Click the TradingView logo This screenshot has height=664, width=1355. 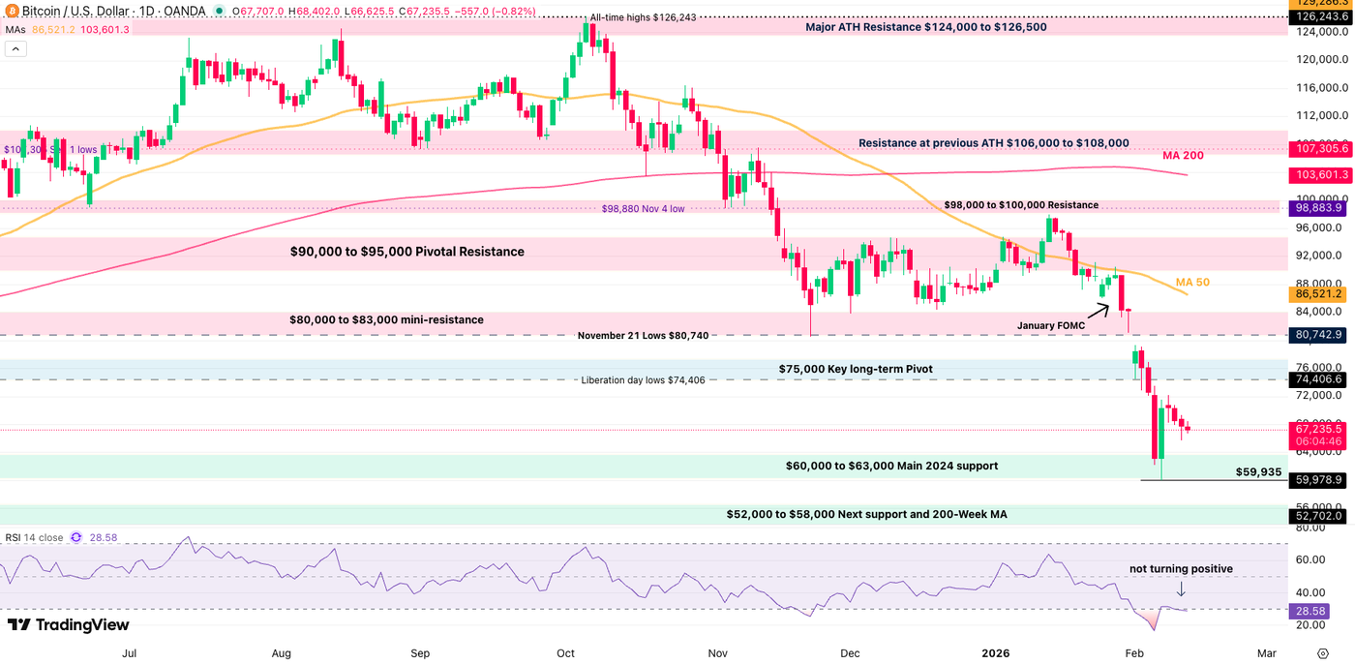tap(69, 624)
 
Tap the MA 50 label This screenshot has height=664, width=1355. tap(1192, 283)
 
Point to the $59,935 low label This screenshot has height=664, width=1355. tap(1258, 472)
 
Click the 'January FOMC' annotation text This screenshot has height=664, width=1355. tap(1051, 326)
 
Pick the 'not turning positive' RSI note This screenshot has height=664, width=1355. tap(1181, 569)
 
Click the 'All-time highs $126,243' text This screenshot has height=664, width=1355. tap(643, 18)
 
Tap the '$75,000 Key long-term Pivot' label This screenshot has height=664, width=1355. tap(856, 369)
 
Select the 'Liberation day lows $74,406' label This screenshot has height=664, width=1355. tap(649, 380)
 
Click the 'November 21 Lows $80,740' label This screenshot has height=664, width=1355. tap(643, 336)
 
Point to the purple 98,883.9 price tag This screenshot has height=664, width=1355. tap(1319, 208)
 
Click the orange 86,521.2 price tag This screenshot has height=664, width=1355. tap(1319, 293)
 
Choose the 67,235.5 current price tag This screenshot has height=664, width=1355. tap(1319, 428)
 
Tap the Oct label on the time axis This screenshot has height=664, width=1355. tap(565, 653)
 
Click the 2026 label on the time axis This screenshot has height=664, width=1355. tap(997, 653)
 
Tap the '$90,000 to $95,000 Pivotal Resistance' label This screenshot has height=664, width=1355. tap(406, 252)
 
